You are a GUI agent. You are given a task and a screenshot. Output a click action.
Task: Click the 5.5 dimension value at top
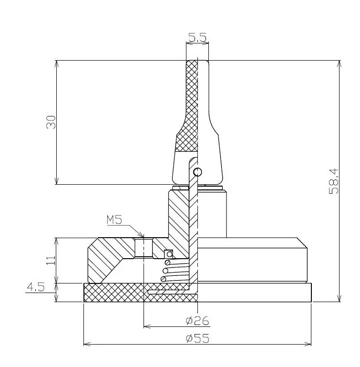[197, 37]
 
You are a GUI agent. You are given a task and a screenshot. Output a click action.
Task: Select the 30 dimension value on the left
[51, 122]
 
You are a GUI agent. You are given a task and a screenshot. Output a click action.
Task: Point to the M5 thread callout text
[115, 220]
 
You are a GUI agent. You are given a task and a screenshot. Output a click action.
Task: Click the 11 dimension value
[51, 260]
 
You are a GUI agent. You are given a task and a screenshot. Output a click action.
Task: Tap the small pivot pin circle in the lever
[197, 172]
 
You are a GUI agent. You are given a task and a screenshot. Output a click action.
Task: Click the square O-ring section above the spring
[168, 253]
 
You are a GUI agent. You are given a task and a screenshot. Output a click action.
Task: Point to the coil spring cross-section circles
[165, 271]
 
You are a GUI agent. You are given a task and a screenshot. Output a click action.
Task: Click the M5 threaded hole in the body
[143, 247]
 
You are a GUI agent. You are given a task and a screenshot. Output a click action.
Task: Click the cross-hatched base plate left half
[114, 293]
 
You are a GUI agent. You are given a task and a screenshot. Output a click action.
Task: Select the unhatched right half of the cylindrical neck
[213, 212]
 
